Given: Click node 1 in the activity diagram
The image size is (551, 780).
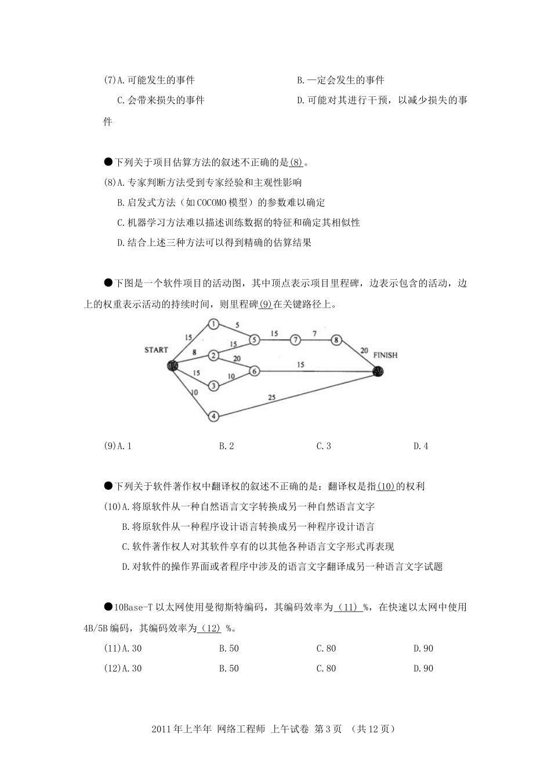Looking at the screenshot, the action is point(213,324).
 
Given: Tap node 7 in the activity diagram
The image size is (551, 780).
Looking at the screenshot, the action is point(296,340).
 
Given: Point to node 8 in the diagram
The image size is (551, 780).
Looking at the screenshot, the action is point(336,340).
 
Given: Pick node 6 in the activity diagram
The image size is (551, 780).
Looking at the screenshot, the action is point(253,370).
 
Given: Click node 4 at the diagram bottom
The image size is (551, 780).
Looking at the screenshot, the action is point(213,416).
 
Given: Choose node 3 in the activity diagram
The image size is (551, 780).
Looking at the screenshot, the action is point(213,385).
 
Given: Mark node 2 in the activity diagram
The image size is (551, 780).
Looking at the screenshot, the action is point(213,355).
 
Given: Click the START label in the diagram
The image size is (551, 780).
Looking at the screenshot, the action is point(157,349).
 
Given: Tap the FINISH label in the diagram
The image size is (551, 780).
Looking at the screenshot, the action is point(386,355).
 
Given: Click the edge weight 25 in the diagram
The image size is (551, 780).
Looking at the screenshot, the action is point(272,398).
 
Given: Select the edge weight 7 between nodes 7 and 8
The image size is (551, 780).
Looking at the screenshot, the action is point(314,333).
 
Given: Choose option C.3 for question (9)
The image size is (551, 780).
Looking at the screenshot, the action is point(324,446).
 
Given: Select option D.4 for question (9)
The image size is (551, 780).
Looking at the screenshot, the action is point(420,446).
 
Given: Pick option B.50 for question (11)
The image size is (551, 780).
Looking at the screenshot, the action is point(229,648).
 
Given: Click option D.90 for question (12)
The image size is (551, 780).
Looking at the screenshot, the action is point(423,668).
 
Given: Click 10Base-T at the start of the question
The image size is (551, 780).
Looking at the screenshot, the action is point(133,608).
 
